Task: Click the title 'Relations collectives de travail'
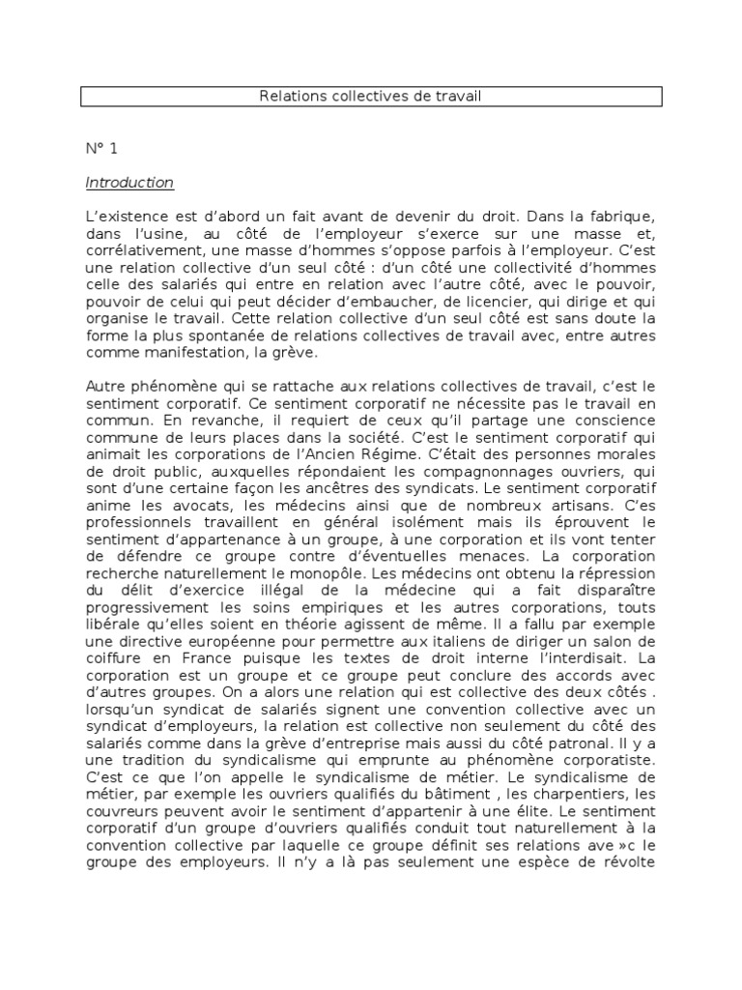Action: (370, 97)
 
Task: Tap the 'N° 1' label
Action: (100, 149)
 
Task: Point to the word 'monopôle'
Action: (285, 571)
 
